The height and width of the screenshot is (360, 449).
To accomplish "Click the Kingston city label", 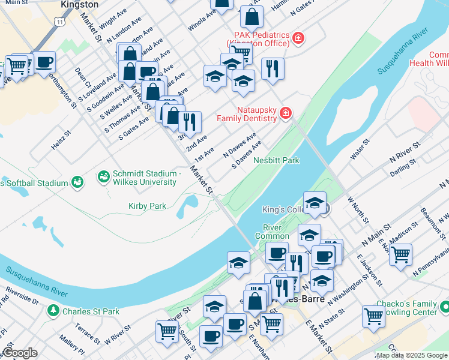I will pyautogui.click(x=80, y=4).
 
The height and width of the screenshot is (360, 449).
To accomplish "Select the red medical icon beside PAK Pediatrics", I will pyautogui.click(x=298, y=40).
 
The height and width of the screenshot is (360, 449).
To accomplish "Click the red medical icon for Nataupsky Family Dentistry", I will pyautogui.click(x=286, y=114).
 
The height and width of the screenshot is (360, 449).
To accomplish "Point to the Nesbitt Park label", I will pyautogui.click(x=276, y=160).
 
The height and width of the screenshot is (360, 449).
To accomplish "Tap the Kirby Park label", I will pyautogui.click(x=147, y=206).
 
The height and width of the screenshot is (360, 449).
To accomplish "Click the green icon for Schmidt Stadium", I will pyautogui.click(x=103, y=177).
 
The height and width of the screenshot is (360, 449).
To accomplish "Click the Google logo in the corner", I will pyautogui.click(x=20, y=353).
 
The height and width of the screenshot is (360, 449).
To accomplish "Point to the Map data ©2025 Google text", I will pyautogui.click(x=412, y=355).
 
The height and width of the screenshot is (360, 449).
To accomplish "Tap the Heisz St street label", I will pyautogui.click(x=61, y=142).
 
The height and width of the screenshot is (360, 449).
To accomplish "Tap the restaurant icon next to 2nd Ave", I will pyautogui.click(x=190, y=122).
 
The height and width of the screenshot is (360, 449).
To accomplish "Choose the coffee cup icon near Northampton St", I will pyautogui.click(x=44, y=62).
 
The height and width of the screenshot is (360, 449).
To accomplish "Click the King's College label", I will pyautogui.click(x=282, y=210).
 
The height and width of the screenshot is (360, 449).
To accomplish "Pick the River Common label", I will pyautogui.click(x=276, y=232).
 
